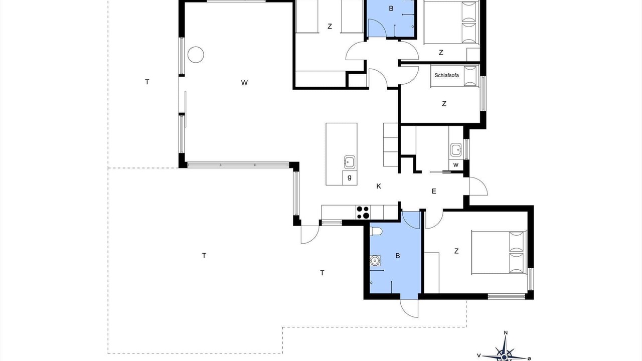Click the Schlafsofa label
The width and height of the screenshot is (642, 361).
(446, 75)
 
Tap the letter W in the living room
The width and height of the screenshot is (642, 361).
(244, 83)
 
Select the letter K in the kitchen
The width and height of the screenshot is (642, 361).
(379, 186)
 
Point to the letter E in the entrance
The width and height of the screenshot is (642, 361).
(434, 191)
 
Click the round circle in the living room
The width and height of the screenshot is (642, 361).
(196, 55)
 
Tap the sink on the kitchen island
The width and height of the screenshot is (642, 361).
(350, 162)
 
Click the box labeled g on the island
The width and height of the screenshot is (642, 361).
(350, 177)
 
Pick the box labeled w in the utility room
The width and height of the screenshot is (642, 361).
(456, 165)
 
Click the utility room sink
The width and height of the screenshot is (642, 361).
(456, 149)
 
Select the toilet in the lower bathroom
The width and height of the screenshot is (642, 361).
(376, 231)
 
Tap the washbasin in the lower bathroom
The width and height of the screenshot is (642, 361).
(375, 260)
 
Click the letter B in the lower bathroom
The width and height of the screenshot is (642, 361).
(398, 256)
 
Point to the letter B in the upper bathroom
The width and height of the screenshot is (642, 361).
(391, 9)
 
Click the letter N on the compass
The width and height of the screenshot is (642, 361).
(506, 332)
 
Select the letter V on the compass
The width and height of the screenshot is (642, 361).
(478, 355)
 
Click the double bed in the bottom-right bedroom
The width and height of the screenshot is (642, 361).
(499, 252)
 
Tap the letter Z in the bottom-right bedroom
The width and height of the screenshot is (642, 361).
(456, 251)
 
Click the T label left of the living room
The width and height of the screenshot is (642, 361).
(147, 82)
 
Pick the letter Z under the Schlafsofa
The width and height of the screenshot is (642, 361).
(444, 104)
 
